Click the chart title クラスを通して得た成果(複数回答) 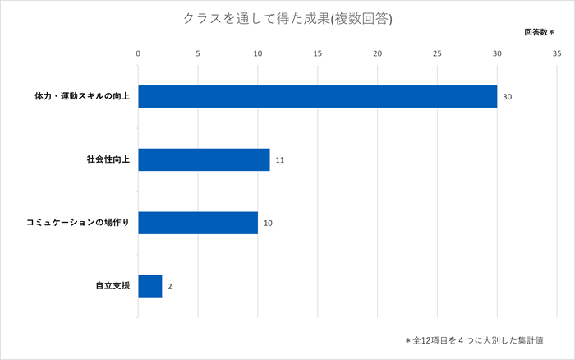287,19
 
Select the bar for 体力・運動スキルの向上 317,96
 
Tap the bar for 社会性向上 204,159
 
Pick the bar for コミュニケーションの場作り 198,223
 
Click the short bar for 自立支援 150,286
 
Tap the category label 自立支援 113,286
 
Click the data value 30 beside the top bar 508,97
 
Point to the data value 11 280,160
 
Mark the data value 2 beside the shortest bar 170,287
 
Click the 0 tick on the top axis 138,53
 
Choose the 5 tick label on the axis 198,53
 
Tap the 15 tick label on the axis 318,53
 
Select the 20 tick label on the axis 378,53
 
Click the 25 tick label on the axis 438,53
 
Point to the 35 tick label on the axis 557,53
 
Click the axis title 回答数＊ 539,32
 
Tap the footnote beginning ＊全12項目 479,339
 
